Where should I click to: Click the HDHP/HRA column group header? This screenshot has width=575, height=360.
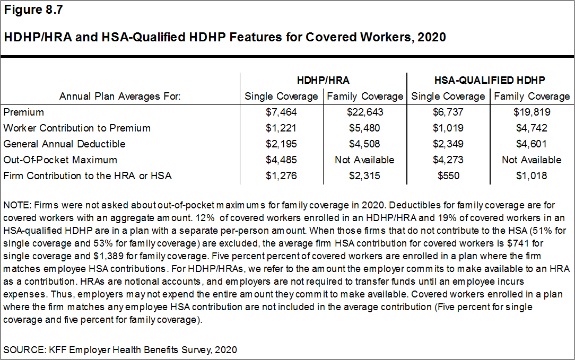[323, 80]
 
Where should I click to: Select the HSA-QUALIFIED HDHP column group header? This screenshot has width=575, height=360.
[490, 80]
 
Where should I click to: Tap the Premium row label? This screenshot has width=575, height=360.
[24, 112]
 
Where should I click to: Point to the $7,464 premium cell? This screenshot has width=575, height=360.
[281, 112]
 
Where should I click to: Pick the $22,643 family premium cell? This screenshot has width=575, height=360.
[365, 112]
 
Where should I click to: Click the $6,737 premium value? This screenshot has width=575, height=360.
[448, 112]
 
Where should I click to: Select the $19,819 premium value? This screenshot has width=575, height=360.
[532, 112]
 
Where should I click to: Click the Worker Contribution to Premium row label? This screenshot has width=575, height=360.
[77, 128]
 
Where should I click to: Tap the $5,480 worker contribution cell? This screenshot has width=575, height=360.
[365, 128]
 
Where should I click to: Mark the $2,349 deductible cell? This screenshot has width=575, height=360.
[448, 144]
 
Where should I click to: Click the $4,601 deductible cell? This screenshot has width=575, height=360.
[532, 144]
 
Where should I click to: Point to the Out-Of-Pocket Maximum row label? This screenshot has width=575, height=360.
[60, 160]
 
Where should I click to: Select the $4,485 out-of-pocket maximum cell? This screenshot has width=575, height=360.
[281, 160]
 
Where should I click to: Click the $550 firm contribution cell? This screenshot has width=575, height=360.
[448, 176]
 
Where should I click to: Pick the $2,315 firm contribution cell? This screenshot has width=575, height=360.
[365, 176]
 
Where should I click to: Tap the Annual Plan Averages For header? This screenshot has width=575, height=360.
[120, 96]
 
